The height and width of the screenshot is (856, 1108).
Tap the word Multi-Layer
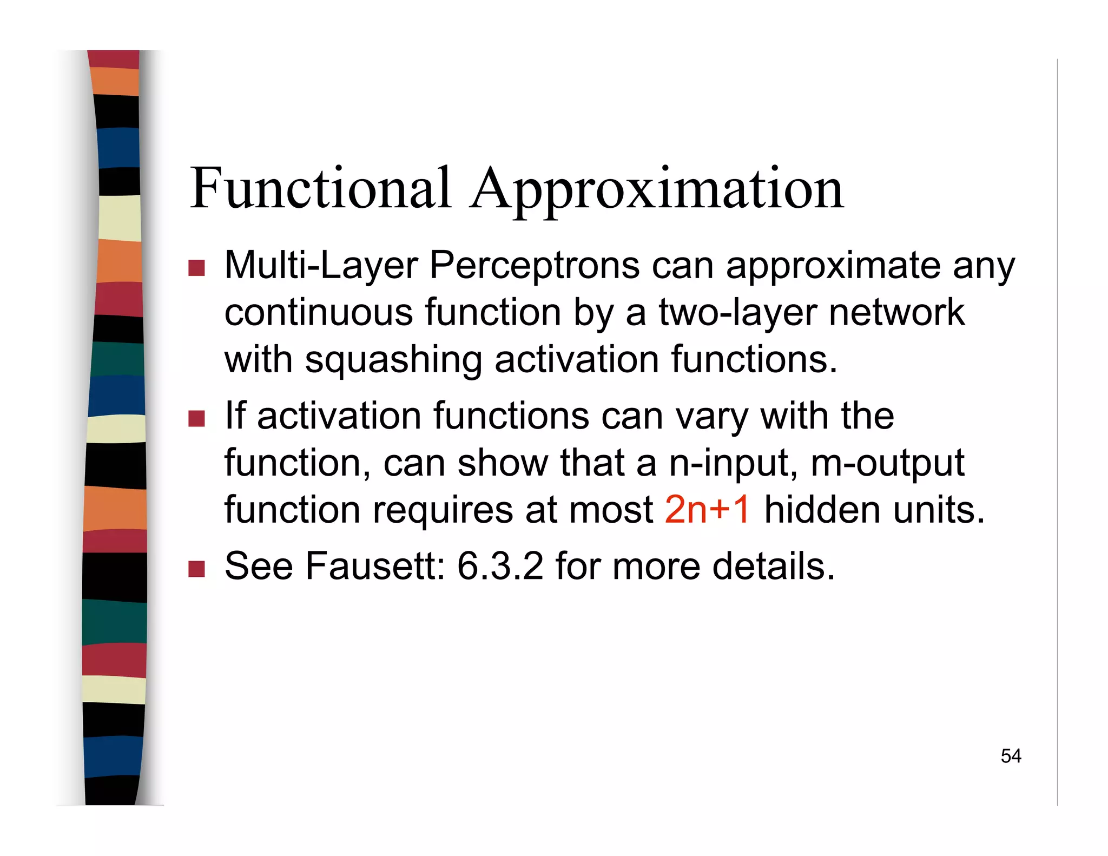[321, 266]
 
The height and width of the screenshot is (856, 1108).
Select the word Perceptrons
[535, 266]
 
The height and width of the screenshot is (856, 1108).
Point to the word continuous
[319, 313]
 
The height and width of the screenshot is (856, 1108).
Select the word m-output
[887, 463]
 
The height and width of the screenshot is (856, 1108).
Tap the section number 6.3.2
[500, 566]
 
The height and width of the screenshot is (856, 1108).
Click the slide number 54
[1011, 756]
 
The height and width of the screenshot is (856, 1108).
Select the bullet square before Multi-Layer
[196, 268]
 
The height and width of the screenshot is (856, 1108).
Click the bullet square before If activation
[196, 418]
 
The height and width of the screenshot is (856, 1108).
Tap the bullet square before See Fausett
[196, 568]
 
